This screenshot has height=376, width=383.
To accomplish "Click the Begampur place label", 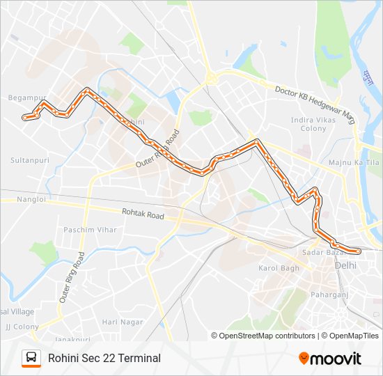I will [x=27, y=98].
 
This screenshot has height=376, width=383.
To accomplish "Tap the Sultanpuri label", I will [x=30, y=159].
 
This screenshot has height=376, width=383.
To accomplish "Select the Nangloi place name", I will [x=32, y=199].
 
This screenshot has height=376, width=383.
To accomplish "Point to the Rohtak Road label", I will [x=143, y=216].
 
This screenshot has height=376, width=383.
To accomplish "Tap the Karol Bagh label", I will [x=278, y=268].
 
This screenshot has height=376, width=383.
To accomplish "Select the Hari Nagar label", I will [x=123, y=322].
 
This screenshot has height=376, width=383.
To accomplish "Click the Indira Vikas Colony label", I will [x=313, y=124].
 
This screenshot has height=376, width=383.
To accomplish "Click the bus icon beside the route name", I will [x=31, y=358].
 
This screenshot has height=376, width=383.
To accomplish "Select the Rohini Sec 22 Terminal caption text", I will [x=104, y=358].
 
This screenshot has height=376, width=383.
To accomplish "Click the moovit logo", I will [x=330, y=358].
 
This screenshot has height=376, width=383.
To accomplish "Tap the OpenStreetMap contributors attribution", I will [x=267, y=336].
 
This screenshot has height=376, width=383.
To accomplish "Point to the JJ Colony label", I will [x=22, y=326].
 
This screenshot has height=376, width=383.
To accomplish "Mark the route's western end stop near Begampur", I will [x=25, y=118].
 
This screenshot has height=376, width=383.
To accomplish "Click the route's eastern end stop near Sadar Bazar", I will [x=358, y=251].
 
